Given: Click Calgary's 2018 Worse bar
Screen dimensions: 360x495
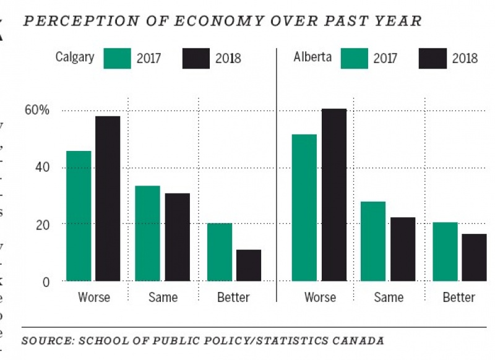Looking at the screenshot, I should pos(108,199).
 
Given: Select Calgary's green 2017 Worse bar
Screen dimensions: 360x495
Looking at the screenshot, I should pos(79,216).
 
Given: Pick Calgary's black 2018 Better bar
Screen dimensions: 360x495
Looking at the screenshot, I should pos(248,265).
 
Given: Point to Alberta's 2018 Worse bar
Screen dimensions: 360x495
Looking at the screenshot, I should pos(334,195).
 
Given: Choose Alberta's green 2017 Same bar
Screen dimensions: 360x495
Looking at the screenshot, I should pos(373,241).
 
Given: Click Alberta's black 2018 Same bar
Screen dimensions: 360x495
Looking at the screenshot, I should pos(403,249).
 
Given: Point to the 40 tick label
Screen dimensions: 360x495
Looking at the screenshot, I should pos(40,168).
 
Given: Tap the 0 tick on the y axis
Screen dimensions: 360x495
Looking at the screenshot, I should pos(44,281).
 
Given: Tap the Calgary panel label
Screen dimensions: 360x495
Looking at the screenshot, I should pos(75,58).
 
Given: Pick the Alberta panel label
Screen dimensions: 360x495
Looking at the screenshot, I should pos(312,58).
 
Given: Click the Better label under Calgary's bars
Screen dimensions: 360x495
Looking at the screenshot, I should pos(233,298).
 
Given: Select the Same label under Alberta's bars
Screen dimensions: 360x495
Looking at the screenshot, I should pos(389,298).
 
